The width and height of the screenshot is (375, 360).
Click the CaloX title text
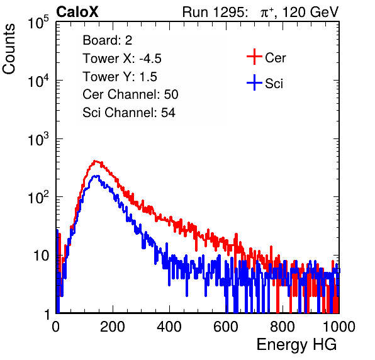(x=77, y=12)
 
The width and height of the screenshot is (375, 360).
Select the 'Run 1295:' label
(x=215, y=12)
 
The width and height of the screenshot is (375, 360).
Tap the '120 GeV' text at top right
(x=311, y=12)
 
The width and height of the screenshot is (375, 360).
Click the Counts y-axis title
(x=9, y=49)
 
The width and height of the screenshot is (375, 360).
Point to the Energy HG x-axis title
(x=296, y=344)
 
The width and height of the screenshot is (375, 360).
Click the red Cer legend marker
(x=254, y=57)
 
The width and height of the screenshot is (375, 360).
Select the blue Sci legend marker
(x=254, y=82)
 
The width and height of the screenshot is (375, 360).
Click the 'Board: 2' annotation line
(x=108, y=40)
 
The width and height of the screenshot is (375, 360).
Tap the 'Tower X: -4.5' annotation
(x=122, y=59)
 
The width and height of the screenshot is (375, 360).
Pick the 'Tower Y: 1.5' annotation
(x=120, y=77)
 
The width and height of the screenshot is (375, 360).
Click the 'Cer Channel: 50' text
(x=130, y=94)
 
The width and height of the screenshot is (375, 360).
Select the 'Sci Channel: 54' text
(x=129, y=113)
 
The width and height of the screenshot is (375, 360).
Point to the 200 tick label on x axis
(x=113, y=327)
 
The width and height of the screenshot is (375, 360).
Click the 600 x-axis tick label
(x=226, y=327)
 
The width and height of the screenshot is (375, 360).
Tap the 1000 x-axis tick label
(x=339, y=327)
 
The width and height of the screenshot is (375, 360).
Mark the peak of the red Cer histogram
(x=95, y=161)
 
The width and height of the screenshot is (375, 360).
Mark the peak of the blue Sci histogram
(x=96, y=176)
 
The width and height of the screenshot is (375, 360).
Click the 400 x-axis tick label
(x=169, y=327)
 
